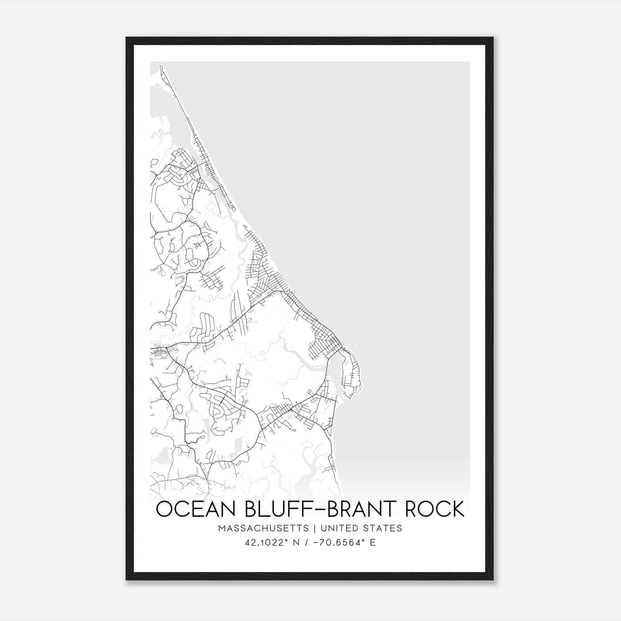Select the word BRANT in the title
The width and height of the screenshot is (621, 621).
pos(364,509)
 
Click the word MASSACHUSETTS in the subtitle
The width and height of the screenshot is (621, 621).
pos(264,528)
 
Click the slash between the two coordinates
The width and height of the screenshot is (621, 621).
pos(308,543)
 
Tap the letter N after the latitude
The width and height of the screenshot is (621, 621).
pos(297,543)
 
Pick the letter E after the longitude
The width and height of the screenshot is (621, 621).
pos(373,543)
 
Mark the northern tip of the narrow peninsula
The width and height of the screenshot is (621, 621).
pos(161,67)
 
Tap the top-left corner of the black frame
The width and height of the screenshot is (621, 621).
pos(127,38)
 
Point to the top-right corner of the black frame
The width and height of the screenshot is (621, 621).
pos(493,38)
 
